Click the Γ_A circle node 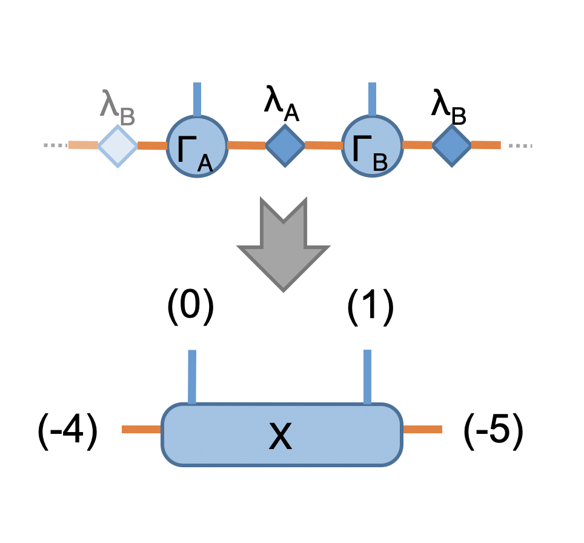coord(197,146)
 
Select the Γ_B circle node coord(372,146)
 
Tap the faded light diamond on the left coord(118,146)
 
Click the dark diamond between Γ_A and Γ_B coord(285,145)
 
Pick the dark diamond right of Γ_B coord(452,145)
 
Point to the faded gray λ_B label coord(118,107)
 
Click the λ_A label coord(282,104)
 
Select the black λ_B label coord(448,107)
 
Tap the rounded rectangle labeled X coord(282,435)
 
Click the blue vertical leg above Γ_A coord(197,99)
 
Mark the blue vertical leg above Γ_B coord(372,99)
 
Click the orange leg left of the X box coord(142,429)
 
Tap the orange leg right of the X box coord(423,429)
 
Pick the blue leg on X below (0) coord(192,377)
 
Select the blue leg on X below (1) coord(367,377)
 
